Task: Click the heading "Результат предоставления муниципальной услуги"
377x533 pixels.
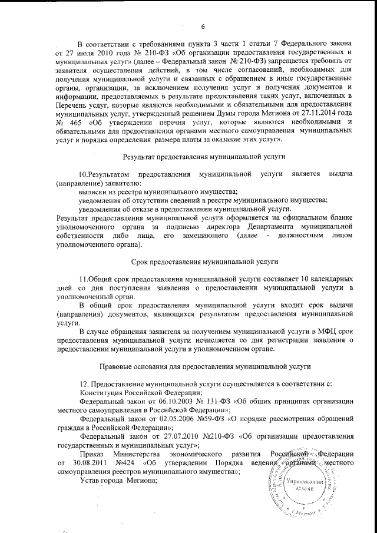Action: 204,157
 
